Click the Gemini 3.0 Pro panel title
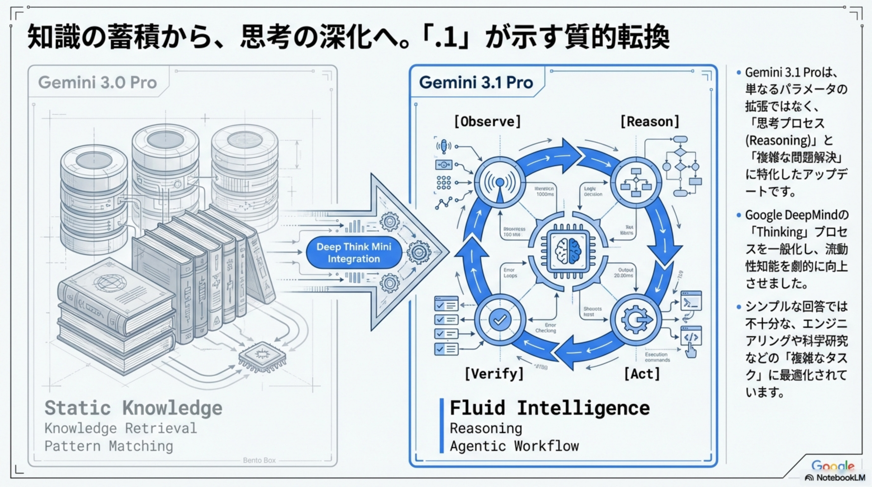point(98,82)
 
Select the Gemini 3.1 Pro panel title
point(476,82)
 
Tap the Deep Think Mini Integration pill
point(354,253)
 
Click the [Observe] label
point(487,121)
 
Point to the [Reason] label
point(650,121)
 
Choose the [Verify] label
point(494,374)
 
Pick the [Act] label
point(642,374)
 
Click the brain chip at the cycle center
point(568,252)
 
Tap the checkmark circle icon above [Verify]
point(500,320)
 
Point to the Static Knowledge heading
point(133,408)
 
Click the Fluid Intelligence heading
point(550,408)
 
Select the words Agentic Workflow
point(514,446)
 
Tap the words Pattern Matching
point(109,446)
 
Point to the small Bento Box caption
point(259,460)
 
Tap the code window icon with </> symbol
point(691,337)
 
